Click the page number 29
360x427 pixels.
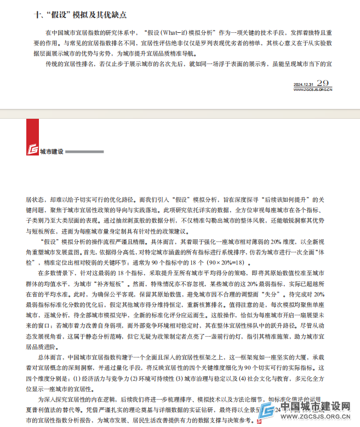tap(324, 83)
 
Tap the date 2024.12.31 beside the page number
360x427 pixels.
tap(304, 84)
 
